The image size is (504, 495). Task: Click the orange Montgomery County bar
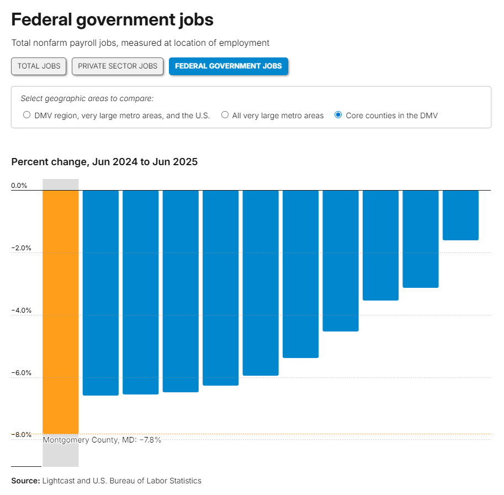61,312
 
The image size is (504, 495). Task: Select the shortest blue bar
460,215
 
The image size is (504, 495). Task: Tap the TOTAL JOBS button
39,66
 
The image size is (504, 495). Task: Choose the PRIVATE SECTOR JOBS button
118,66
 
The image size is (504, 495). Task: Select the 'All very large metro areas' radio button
225,115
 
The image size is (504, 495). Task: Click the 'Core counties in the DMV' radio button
338,115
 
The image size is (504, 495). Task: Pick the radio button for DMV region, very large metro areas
27,115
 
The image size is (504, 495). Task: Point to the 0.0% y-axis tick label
19,186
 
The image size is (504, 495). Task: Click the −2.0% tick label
21,248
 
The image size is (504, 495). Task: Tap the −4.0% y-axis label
21,310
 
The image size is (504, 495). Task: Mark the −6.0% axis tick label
21,373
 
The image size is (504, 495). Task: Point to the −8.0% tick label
21,435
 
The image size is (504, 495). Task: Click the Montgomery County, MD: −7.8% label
102,440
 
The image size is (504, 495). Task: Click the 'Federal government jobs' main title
112,20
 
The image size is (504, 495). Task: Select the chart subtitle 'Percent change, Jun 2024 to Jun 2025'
104,162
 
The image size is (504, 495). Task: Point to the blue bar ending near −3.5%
380,245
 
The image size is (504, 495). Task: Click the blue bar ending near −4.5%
341,261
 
